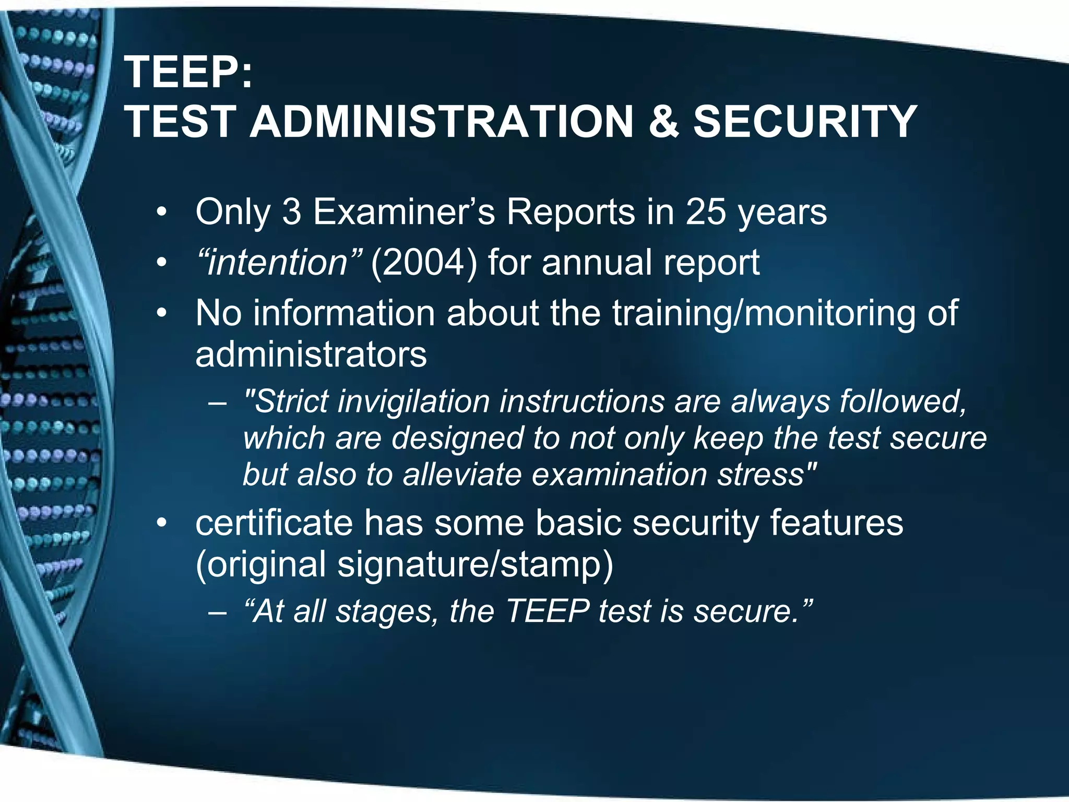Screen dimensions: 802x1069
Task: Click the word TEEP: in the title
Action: click(188, 73)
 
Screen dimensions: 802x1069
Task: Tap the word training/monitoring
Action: click(764, 314)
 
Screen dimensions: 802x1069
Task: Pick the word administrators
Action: click(311, 355)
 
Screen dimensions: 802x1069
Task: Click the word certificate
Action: click(274, 523)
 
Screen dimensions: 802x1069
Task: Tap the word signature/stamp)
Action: click(475, 565)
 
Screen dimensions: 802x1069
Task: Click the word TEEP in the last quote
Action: click(548, 611)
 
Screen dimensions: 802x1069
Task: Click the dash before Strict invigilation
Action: click(217, 404)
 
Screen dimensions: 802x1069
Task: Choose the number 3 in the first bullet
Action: click(292, 212)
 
